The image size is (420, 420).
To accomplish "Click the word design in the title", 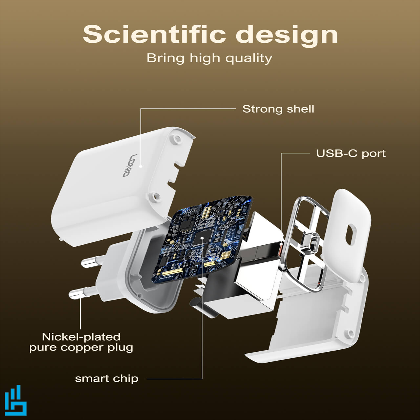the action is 287,36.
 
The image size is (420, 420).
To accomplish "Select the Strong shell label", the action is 278,109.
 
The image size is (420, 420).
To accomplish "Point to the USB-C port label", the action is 351,153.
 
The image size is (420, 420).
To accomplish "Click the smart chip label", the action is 107,379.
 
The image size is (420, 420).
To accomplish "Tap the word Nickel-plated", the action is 81,337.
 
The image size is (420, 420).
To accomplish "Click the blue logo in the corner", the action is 16,400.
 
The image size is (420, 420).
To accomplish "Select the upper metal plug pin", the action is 91,262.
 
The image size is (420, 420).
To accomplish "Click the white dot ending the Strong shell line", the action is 141,166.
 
